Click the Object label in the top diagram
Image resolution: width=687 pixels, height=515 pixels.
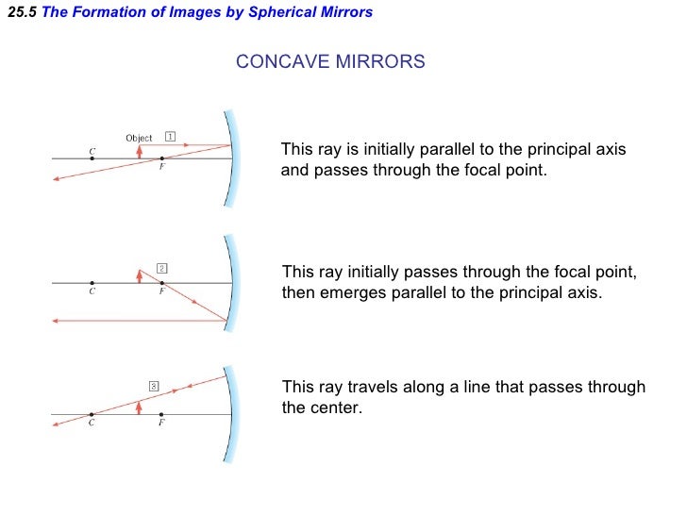[x=139, y=138]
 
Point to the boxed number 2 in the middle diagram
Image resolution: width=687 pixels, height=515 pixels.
[x=161, y=268]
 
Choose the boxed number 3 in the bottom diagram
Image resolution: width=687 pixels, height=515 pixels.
[x=154, y=385]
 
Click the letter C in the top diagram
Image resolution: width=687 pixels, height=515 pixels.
[x=92, y=149]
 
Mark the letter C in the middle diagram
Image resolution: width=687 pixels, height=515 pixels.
[x=92, y=292]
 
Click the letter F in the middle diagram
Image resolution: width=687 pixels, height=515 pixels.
[x=161, y=292]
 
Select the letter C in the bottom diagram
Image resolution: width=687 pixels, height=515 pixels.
[x=92, y=424]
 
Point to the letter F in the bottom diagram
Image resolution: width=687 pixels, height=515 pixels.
[x=161, y=424]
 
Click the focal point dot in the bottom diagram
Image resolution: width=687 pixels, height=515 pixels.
[x=161, y=414]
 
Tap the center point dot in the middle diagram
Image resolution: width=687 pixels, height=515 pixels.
[x=92, y=282]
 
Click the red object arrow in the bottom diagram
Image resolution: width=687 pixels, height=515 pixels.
[x=140, y=407]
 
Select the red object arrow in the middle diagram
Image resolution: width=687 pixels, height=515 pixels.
[x=140, y=275]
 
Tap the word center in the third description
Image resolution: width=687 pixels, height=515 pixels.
[x=335, y=408]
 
